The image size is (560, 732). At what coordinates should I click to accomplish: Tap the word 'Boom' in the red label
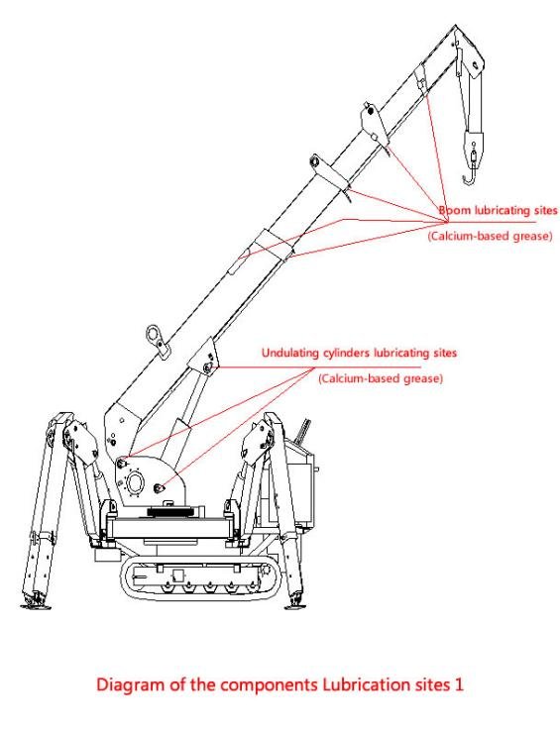coord(456,210)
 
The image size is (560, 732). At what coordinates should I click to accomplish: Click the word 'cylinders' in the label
coord(347,353)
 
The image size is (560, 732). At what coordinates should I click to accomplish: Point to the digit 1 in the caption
coord(458,684)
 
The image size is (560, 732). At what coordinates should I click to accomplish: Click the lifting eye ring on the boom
coord(155,335)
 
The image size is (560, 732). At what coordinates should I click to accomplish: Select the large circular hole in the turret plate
coord(136,482)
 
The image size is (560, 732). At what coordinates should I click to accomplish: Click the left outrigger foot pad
coord(36,605)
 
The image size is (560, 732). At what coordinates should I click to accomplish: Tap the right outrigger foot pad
coord(295,605)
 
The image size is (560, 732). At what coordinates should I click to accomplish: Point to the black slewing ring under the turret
coord(171,512)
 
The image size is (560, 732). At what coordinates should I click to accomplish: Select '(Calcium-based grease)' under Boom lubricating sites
coord(490,236)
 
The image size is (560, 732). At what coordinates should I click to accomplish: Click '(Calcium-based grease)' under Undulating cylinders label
coord(381,378)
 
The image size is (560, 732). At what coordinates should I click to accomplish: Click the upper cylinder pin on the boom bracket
coord(207,367)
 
